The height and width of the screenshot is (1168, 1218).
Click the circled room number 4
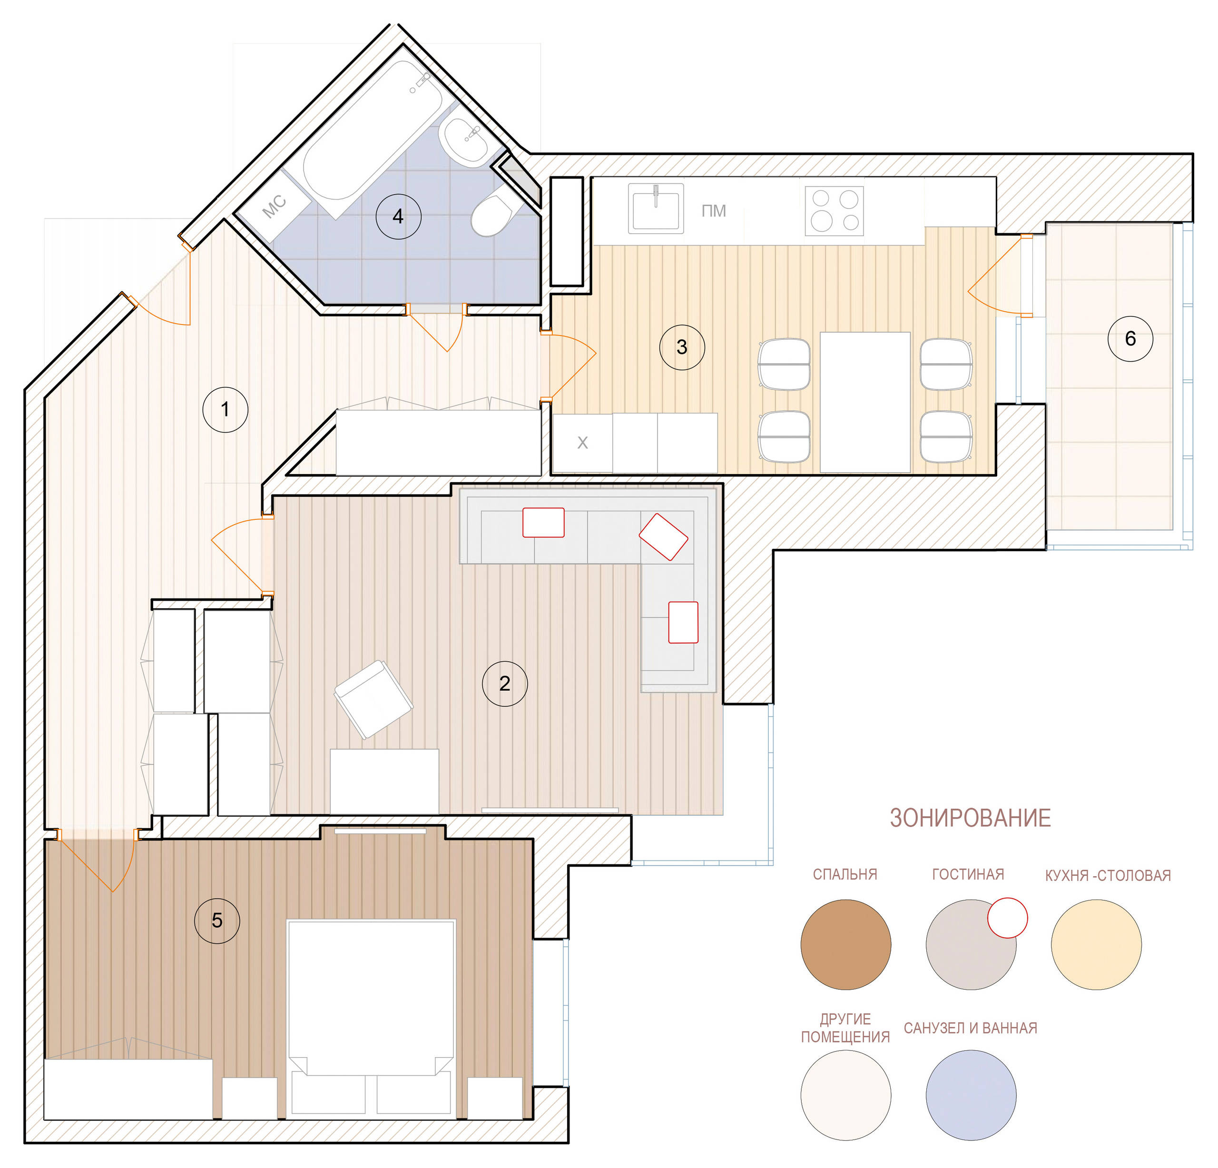(398, 216)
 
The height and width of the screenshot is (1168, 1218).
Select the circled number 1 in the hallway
(226, 410)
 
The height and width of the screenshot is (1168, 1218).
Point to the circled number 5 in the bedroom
(217, 920)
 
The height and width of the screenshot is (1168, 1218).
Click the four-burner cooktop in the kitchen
(834, 211)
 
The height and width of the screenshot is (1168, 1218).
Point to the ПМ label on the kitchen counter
(713, 211)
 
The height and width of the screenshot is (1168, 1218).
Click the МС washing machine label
(274, 207)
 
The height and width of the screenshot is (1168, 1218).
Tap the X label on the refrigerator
(582, 443)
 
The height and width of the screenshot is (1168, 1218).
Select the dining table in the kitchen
(865, 402)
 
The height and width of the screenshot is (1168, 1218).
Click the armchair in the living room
(373, 699)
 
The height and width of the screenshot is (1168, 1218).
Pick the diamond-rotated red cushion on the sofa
(664, 536)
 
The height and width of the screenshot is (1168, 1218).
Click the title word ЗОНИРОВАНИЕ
(970, 818)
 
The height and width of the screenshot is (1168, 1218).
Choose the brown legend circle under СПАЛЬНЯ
(846, 944)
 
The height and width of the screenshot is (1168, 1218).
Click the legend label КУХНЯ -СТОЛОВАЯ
(1108, 875)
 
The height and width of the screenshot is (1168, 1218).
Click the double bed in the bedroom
(371, 1019)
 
